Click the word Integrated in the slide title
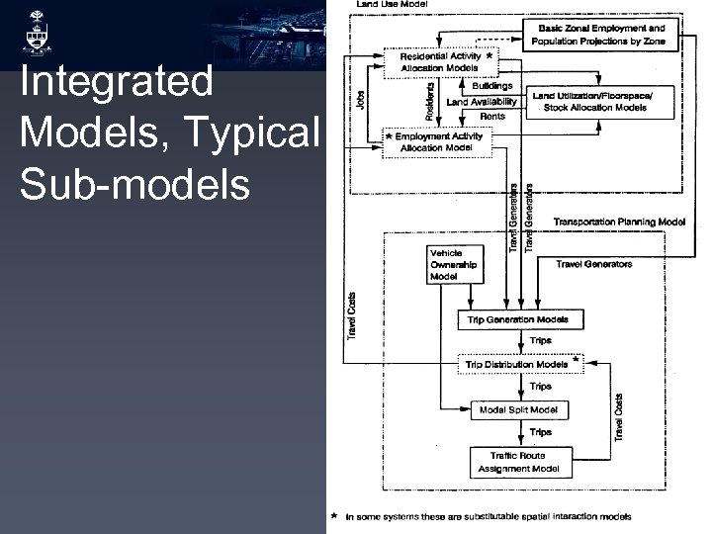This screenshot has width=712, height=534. click(x=117, y=83)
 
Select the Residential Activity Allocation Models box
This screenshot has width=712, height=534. click(x=440, y=62)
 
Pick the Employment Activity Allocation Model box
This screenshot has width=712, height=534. click(x=438, y=141)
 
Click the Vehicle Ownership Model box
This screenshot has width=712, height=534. click(x=453, y=265)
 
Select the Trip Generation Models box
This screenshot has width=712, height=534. click(x=519, y=319)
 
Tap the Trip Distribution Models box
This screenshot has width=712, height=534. click(x=518, y=364)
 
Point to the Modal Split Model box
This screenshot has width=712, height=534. click(x=518, y=409)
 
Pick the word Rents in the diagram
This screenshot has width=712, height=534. click(x=491, y=117)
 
